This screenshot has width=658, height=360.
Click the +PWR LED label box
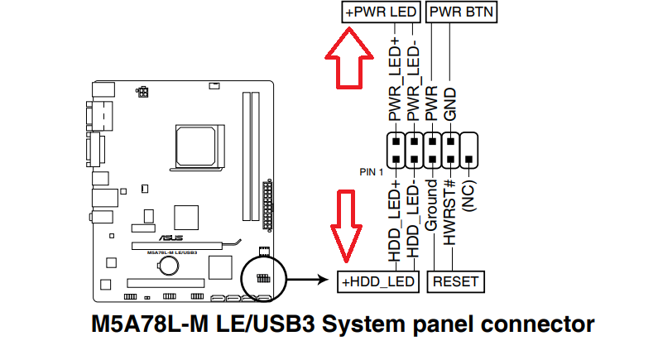coord(380,12)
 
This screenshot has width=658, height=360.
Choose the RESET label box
coord(455,281)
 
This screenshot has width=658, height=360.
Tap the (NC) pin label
coord(470,199)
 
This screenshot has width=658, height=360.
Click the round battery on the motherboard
coord(170,265)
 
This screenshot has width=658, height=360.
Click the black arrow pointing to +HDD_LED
coord(310,280)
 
